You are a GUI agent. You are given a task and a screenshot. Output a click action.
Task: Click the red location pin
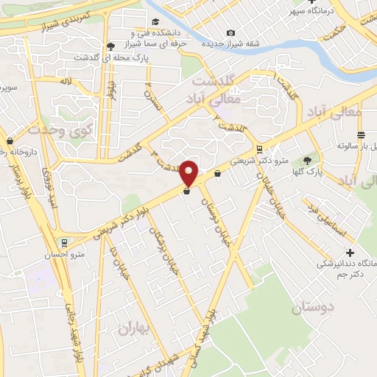pyautogui.click(x=189, y=172)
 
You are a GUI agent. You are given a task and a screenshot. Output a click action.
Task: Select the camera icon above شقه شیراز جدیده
pyautogui.click(x=231, y=32)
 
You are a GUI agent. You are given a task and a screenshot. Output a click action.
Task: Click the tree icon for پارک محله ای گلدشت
pyautogui.click(x=110, y=45)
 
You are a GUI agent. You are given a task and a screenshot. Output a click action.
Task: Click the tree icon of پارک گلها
pyautogui.click(x=307, y=161)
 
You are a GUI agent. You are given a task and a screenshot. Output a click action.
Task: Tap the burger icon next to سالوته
pyautogui.click(x=361, y=135)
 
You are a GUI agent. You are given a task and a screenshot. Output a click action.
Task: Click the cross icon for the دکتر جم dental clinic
pyautogui.click(x=350, y=253)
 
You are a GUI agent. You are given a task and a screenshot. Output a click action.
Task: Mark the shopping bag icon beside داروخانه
pyautogui.click(x=10, y=141)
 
